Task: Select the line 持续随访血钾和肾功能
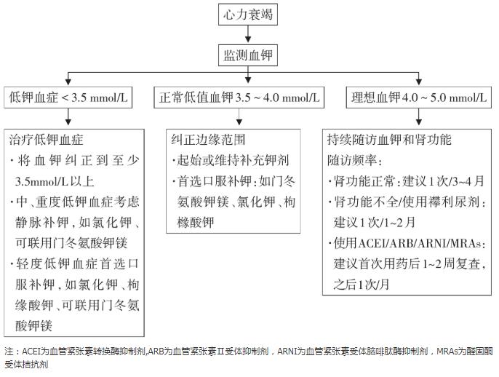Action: [x=389, y=139]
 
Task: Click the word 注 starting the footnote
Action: [x=8, y=351]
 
